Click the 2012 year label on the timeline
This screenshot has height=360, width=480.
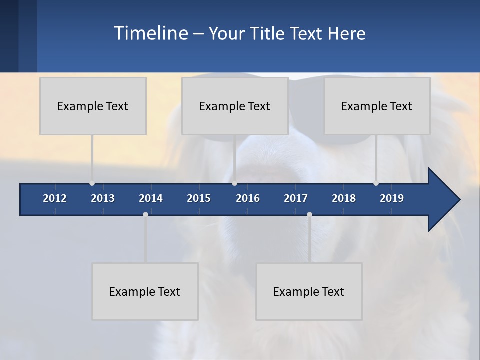point(55,198)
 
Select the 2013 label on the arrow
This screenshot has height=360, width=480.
point(103,198)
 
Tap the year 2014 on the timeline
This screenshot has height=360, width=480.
point(151,198)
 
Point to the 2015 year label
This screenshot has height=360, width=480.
point(199,198)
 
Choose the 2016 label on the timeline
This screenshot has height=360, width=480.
point(248,198)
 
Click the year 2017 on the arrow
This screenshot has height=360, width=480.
point(296,198)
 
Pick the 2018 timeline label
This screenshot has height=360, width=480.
point(344,198)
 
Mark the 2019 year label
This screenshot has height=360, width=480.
point(392,198)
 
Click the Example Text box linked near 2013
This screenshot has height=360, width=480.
point(93,106)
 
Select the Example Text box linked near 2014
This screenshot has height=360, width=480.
point(145,292)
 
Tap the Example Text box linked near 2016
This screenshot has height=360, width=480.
point(235,106)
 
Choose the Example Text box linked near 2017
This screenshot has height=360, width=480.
point(309,292)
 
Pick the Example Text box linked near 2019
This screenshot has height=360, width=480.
point(377,106)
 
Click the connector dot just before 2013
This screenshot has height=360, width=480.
point(92,183)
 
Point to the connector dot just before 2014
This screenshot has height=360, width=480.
point(145,214)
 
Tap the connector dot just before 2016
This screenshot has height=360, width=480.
point(234,183)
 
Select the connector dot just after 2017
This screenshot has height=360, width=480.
point(309,214)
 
